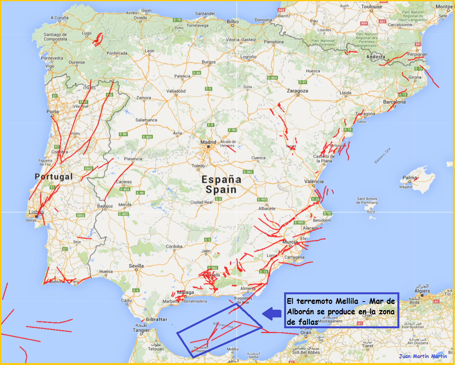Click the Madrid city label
(x=208, y=142)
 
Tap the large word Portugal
(x=54, y=177)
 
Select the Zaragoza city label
(x=297, y=91)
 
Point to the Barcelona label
(x=394, y=102)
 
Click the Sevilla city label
(x=136, y=266)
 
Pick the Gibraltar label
(x=157, y=319)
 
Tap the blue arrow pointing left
(x=272, y=314)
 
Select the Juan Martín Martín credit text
(x=423, y=356)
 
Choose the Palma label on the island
(x=410, y=178)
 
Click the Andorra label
(x=376, y=57)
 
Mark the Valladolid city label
(x=176, y=91)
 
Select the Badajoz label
(x=105, y=206)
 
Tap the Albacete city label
(x=267, y=208)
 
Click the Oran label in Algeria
(x=305, y=333)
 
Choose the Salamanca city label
(x=147, y=120)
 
